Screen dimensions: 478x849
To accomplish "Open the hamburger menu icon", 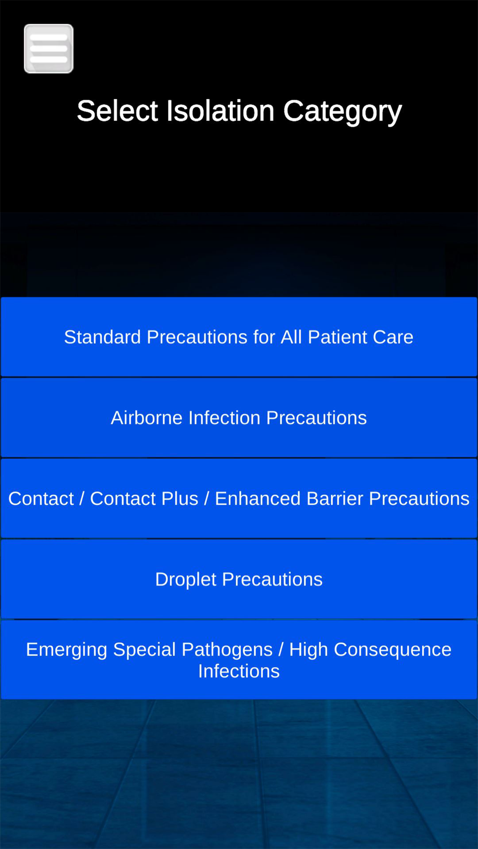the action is (x=49, y=49).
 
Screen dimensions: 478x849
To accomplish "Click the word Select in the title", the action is (x=117, y=111).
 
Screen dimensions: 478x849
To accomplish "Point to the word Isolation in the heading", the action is (x=220, y=111).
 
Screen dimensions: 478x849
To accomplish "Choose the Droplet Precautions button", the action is (x=239, y=579).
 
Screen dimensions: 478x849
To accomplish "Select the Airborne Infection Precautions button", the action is (x=239, y=418).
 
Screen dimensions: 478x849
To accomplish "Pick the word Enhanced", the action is (x=258, y=499).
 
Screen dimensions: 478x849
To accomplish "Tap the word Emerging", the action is (x=66, y=650).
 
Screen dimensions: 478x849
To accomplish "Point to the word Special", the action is (x=144, y=650).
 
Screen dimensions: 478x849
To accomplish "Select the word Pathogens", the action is (x=227, y=650).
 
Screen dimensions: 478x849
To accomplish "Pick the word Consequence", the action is (x=392, y=650).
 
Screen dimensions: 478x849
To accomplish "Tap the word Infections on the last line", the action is (x=239, y=671).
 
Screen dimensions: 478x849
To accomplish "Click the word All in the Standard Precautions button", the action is (x=291, y=337).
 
